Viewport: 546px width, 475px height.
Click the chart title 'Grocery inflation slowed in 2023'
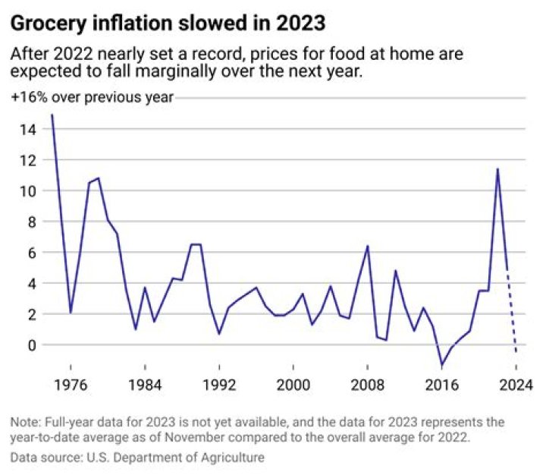[168, 24]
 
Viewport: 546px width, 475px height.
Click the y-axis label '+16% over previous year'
[92, 97]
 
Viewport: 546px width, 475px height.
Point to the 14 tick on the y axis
[28, 130]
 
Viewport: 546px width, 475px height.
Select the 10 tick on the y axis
[28, 191]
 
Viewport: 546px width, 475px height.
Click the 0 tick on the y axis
[32, 344]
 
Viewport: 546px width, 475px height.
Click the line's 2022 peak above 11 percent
[497, 168]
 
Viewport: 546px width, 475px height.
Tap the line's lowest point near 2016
[441, 365]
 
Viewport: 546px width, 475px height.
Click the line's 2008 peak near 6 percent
[367, 246]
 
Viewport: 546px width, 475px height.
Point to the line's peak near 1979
[98, 178]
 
